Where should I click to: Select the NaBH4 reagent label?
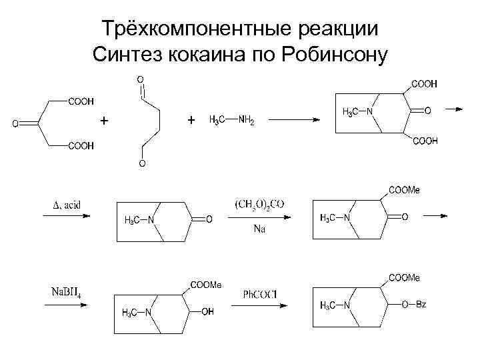point(66,292)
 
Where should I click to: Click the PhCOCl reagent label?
point(259,293)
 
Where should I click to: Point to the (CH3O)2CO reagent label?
point(259,203)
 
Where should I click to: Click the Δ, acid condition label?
point(66,205)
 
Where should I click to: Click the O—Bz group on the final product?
point(415,305)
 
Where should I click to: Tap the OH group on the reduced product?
point(207,311)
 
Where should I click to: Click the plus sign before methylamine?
point(192,120)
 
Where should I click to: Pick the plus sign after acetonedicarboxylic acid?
point(103,121)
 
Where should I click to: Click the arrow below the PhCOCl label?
point(259,305)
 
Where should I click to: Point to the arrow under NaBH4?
point(66,305)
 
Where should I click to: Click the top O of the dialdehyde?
point(141,79)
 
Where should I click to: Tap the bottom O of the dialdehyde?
point(141,163)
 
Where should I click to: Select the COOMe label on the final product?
point(405,277)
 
